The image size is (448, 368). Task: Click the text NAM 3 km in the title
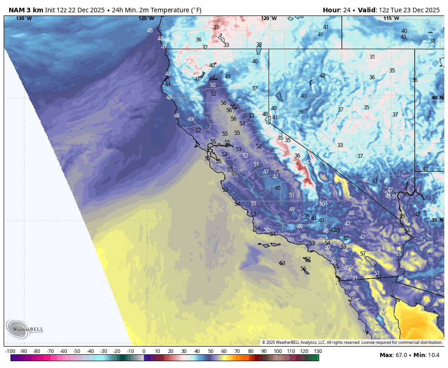click(26, 10)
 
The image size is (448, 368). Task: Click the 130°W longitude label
click(24, 18)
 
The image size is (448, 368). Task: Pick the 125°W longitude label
click(146, 18)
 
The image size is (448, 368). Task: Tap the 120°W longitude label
click(269, 18)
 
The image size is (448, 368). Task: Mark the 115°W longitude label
click(391, 18)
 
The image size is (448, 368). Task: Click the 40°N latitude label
click(437, 98)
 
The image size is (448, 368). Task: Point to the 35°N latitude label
click(437, 220)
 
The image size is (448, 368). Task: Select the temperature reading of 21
click(216, 27)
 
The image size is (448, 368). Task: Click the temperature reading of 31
click(372, 57)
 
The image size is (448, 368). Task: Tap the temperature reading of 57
click(363, 253)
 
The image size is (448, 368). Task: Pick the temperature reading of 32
click(205, 47)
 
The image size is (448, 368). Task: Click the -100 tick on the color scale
click(10, 351)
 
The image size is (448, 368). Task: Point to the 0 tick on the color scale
click(144, 351)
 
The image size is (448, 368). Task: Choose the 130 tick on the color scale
click(317, 351)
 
